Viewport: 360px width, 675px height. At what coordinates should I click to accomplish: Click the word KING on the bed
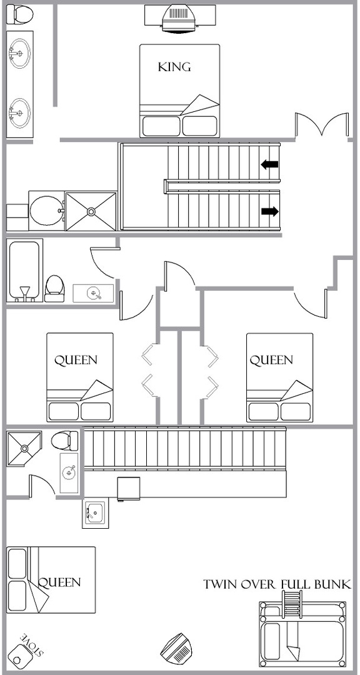tap(174, 67)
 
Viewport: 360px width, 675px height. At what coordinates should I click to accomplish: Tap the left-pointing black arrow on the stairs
tap(269, 164)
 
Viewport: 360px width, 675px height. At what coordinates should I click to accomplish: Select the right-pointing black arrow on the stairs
tap(270, 211)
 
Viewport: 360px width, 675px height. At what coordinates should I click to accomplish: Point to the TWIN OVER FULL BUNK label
tap(277, 584)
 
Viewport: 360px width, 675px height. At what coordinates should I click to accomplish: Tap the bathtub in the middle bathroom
tap(24, 271)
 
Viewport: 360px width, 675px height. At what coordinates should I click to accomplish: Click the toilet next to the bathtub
tap(55, 288)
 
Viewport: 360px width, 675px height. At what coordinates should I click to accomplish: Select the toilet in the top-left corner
tap(20, 14)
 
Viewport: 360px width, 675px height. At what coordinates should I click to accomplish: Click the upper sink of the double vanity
tap(19, 53)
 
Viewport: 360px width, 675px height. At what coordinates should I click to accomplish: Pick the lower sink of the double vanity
tap(19, 113)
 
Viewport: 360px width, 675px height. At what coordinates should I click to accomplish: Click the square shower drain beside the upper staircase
tap(91, 211)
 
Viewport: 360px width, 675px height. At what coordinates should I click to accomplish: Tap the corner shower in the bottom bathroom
tap(24, 449)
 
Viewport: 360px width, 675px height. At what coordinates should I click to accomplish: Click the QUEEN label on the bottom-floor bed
tap(59, 582)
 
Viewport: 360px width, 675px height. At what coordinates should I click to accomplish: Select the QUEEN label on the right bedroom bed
tap(271, 360)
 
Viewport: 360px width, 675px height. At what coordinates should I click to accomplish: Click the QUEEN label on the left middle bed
tap(76, 360)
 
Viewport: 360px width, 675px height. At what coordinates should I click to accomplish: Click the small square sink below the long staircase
tap(94, 514)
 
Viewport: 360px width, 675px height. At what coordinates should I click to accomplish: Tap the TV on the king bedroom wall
tap(179, 17)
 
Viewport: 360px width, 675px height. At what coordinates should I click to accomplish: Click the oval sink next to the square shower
tap(47, 211)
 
